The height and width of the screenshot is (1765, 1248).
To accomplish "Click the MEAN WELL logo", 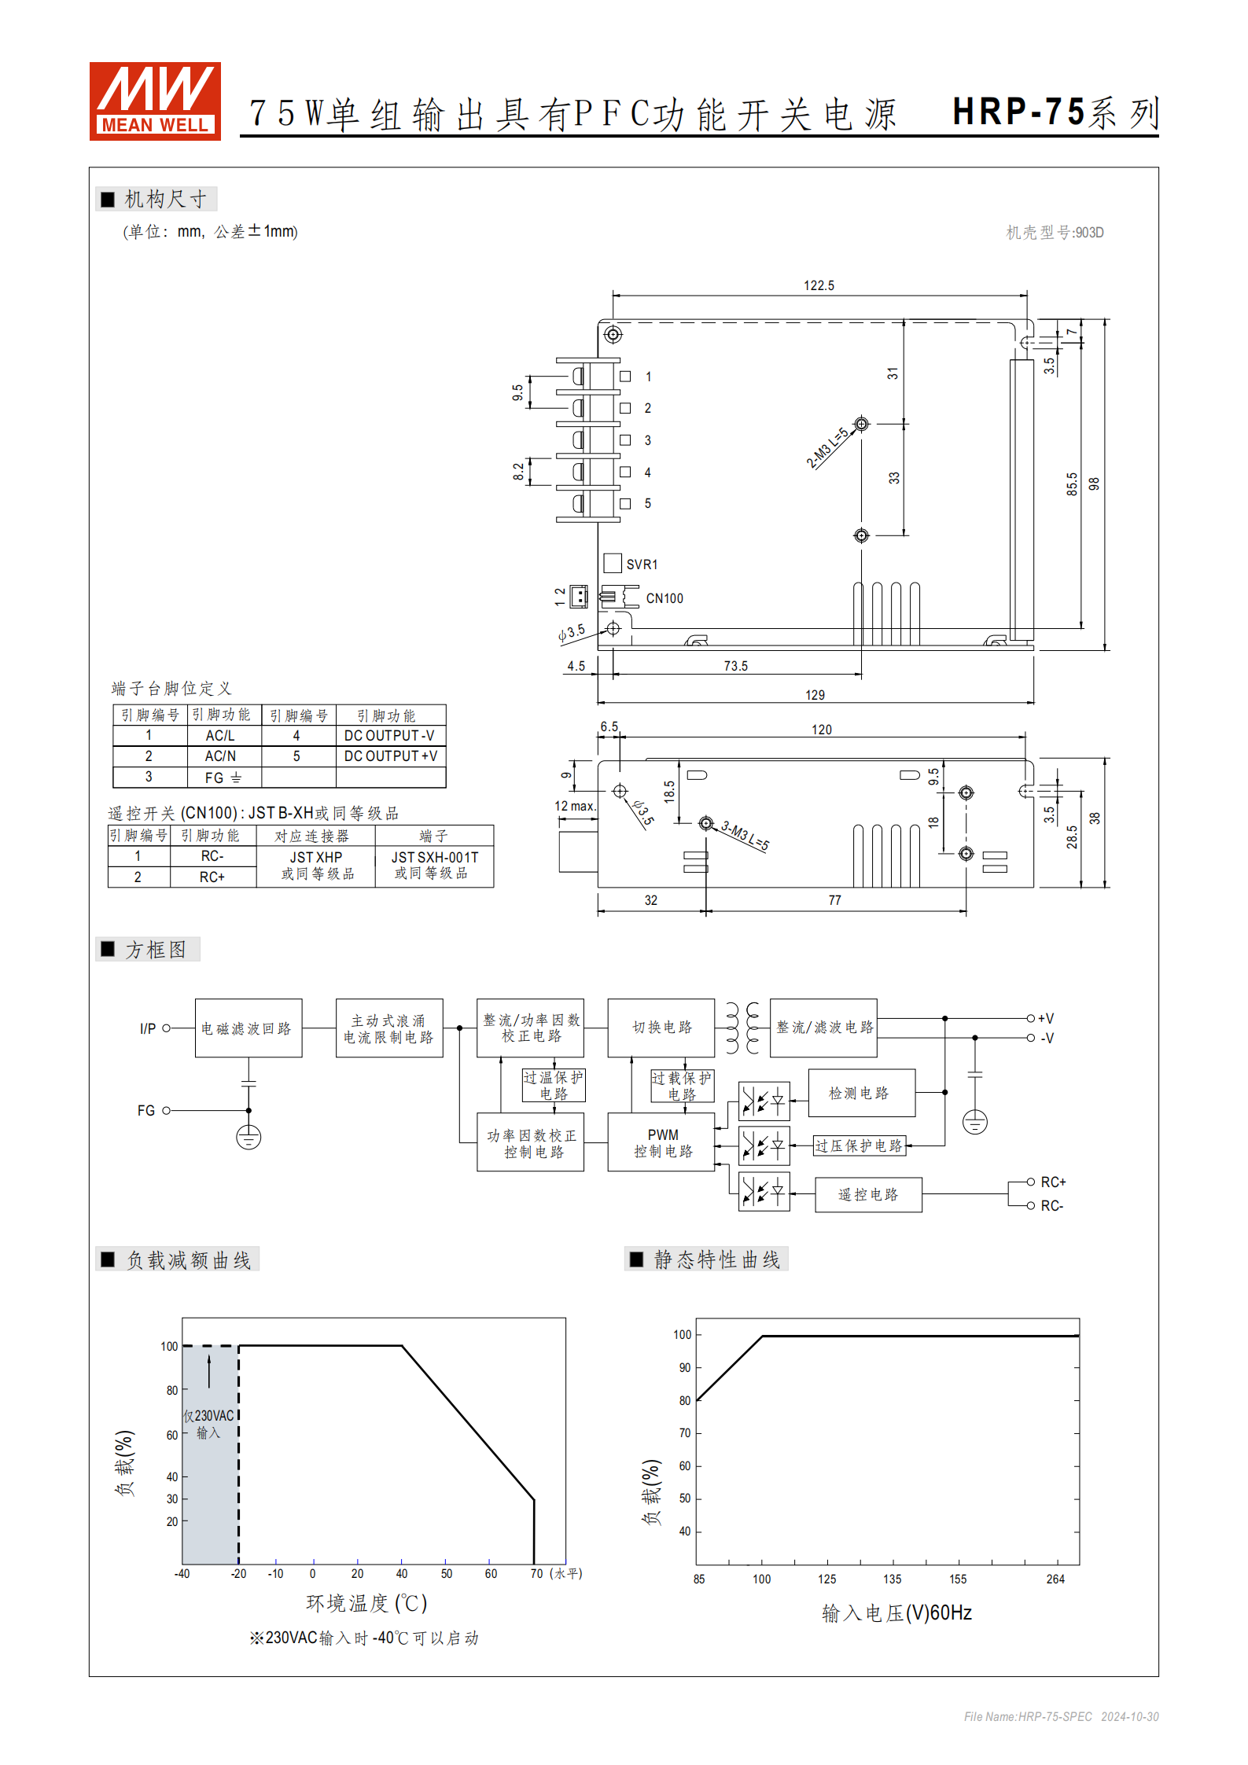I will coord(155,101).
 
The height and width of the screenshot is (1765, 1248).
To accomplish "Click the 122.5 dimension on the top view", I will coord(819,285).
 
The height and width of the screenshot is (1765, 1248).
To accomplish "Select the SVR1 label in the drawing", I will coord(642,564).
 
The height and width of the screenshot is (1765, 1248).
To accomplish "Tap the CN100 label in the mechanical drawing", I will coord(664,598).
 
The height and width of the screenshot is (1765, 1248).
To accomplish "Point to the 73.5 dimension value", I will coord(735,666).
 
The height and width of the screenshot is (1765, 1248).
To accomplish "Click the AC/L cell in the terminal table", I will coord(220,736).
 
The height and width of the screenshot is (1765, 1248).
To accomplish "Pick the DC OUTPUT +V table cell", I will coord(390,756).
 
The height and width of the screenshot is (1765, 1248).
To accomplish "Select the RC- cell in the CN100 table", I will coord(212,856).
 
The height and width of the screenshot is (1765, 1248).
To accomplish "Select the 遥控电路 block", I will coord(868,1195).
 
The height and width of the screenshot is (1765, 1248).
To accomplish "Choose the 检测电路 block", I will coord(860,1093).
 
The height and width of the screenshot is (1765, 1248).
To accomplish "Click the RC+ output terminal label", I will coord(1053,1182).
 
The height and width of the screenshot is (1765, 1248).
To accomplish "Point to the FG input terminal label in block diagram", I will coord(146,1111).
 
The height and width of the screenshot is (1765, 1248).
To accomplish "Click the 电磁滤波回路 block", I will coord(248,1028).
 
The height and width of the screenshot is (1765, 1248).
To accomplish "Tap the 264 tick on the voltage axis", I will coord(1055,1579).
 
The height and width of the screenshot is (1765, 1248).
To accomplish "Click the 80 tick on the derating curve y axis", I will coord(171,1391).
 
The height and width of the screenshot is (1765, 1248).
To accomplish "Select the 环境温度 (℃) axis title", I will coord(366,1603).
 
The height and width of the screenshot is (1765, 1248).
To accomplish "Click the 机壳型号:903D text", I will coord(1055,233).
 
